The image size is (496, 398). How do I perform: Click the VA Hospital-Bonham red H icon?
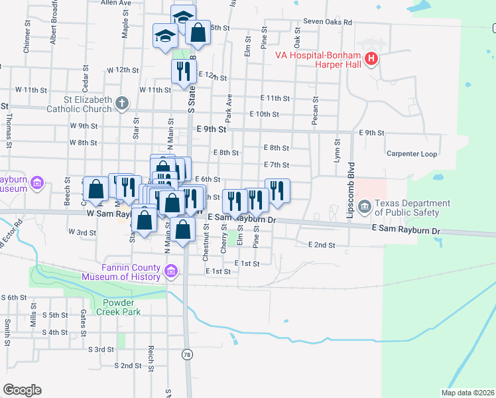[371, 59]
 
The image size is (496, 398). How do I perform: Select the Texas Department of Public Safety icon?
[364, 208]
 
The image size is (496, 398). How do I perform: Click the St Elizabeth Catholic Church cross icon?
[121, 103]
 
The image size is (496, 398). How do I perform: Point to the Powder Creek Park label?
[119, 311]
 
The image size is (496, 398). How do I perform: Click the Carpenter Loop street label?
[412, 154]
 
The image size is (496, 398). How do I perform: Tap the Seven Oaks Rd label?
[328, 21]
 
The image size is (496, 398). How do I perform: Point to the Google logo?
[23, 390]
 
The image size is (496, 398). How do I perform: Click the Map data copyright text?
[468, 393]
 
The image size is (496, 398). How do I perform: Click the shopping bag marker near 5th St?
[198, 31]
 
